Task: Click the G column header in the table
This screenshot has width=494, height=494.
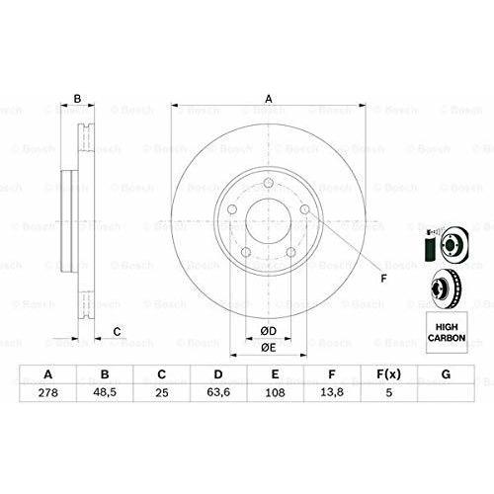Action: (x=447, y=374)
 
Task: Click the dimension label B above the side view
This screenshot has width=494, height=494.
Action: (x=77, y=98)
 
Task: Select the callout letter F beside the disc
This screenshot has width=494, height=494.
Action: (x=384, y=278)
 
